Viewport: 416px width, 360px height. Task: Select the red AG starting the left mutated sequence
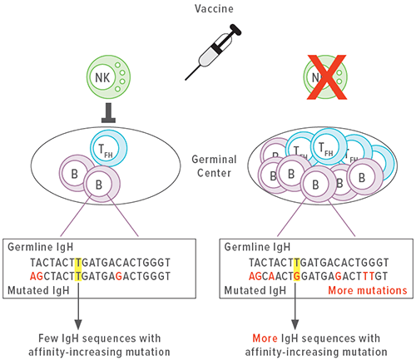[37, 276]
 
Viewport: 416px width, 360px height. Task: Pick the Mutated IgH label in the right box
[255, 291]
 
